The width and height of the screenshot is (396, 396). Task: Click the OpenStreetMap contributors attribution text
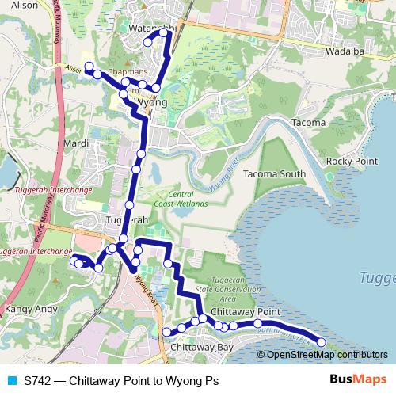click(328, 355)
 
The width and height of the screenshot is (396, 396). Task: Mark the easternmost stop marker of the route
click(322, 342)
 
